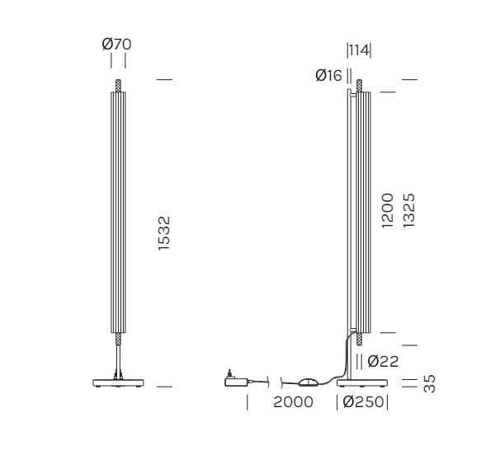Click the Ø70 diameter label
point(117,44)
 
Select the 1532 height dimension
point(165,233)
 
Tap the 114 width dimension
point(359,50)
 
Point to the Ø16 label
point(328,76)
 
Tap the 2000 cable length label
point(292,402)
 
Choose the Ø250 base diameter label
point(362,402)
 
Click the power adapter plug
point(236,380)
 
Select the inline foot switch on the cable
point(309,381)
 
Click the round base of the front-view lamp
point(119,382)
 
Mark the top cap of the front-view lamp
point(119,86)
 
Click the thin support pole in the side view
point(348,247)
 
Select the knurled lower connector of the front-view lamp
point(119,339)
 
